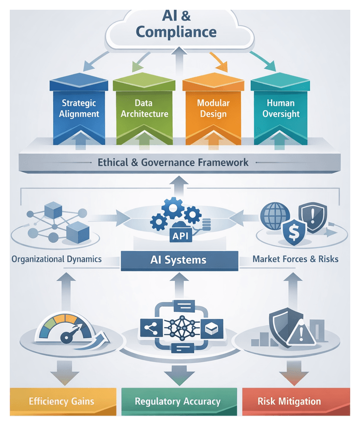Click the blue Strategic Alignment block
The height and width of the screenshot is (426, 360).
click(x=80, y=109)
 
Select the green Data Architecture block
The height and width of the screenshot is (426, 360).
click(x=144, y=109)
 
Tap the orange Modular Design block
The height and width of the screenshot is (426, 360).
click(x=212, y=109)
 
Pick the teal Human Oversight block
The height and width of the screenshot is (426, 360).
click(x=280, y=109)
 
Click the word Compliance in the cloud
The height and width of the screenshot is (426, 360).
click(x=176, y=32)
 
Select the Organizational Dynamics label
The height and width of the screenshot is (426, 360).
click(x=57, y=259)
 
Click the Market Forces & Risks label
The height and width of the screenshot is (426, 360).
click(x=295, y=259)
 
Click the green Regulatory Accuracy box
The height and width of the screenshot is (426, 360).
click(x=178, y=402)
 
